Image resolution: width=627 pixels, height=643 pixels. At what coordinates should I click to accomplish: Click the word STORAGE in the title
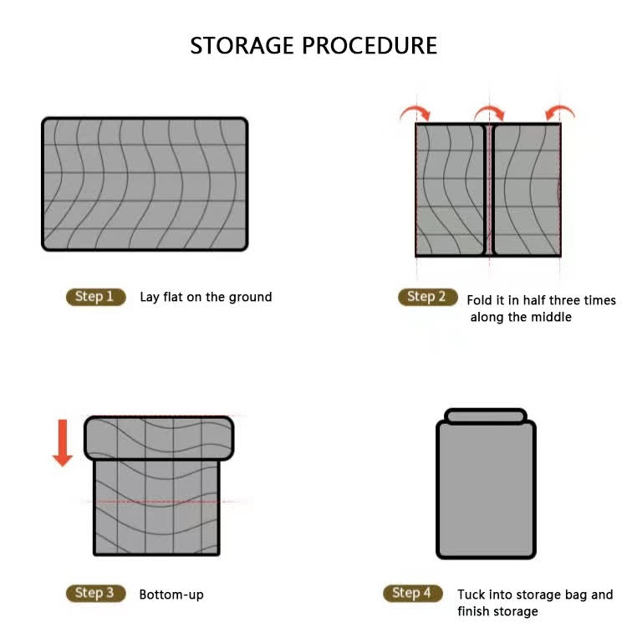click(242, 45)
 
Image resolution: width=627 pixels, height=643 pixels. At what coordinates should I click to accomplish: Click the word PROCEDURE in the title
click(370, 45)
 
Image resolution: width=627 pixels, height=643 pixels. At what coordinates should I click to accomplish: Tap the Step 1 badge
click(95, 297)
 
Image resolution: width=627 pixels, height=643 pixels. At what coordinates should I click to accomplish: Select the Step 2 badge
click(428, 297)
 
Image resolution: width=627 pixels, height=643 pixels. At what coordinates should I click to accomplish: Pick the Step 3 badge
click(95, 593)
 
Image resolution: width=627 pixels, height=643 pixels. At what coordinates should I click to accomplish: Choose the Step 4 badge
click(412, 593)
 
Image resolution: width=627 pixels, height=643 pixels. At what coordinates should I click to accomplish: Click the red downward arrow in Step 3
click(63, 443)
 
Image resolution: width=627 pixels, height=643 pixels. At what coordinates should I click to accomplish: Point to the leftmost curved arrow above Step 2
click(415, 111)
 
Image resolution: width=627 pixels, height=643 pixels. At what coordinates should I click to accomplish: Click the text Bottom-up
click(171, 595)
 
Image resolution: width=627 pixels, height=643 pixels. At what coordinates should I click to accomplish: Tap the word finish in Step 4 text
click(475, 611)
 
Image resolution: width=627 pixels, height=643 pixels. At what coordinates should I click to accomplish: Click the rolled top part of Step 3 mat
click(159, 438)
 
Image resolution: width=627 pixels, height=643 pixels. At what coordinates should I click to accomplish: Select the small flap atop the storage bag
click(486, 416)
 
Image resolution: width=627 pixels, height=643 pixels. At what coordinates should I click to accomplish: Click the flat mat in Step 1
click(145, 184)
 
